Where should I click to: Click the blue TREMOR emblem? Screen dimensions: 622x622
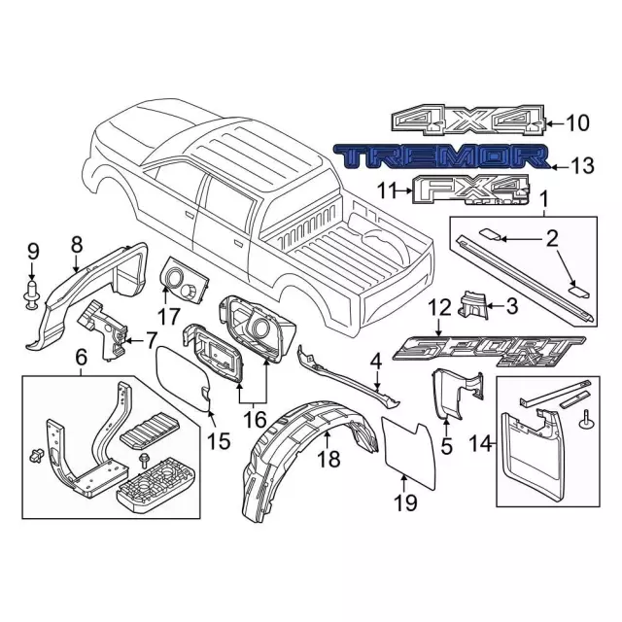coord(442,157)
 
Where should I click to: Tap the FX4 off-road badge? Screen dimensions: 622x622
coord(471,190)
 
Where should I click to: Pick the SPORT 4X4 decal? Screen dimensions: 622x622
coord(489,351)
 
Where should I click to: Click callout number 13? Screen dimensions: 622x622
coord(582,166)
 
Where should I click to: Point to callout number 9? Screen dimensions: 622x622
coord(33,252)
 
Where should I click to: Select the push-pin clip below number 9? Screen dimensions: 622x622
coord(31,294)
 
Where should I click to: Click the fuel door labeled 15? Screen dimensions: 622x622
coord(183,378)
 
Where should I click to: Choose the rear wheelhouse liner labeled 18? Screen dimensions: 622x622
coord(309,460)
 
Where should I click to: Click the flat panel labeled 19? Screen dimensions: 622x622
coord(408,452)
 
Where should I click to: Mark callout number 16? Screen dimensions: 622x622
coord(255,419)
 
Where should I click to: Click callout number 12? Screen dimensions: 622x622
coord(439,308)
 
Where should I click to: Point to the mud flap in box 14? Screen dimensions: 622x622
coord(533,451)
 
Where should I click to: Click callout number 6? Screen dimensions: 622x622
coord(81,359)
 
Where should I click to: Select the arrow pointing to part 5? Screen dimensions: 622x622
coord(446,427)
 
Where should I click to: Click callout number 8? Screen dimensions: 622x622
coord(77,245)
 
